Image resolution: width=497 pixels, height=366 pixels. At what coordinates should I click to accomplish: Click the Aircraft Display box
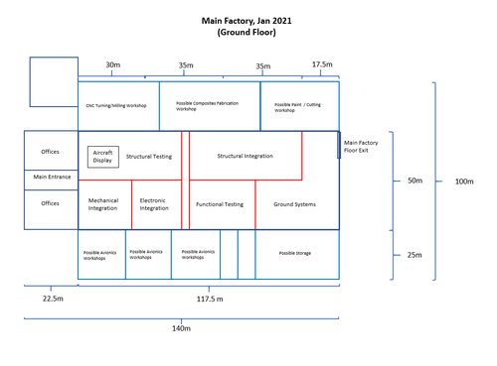pyautogui.click(x=103, y=157)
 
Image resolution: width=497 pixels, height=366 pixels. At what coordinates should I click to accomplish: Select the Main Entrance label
pyautogui.click(x=50, y=179)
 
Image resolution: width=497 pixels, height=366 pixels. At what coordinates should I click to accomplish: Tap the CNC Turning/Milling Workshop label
pyautogui.click(x=115, y=105)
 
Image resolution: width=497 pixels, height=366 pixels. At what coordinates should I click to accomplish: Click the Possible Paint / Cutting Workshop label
pyautogui.click(x=297, y=106)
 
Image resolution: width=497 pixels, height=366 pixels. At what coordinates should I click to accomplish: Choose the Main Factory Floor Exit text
pyautogui.click(x=362, y=147)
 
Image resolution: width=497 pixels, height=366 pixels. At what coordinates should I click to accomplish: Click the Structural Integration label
pyautogui.click(x=245, y=156)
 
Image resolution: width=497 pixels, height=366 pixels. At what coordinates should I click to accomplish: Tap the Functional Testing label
pyautogui.click(x=220, y=204)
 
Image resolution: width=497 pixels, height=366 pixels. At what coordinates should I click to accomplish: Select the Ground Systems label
pyautogui.click(x=294, y=204)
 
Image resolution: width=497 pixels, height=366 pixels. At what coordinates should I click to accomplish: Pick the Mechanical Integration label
pyautogui.click(x=102, y=204)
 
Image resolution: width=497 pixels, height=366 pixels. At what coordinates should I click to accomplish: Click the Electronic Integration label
pyautogui.click(x=154, y=204)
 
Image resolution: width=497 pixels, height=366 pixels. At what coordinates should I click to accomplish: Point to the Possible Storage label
pyautogui.click(x=294, y=254)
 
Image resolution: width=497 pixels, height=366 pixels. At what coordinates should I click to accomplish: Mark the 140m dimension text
pyautogui.click(x=181, y=328)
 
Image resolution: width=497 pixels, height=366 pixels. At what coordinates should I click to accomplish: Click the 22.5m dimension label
pyautogui.click(x=52, y=297)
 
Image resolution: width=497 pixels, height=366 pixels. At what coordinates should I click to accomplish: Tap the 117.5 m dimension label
pyautogui.click(x=209, y=297)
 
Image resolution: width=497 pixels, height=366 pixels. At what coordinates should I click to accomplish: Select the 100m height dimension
pyautogui.click(x=463, y=182)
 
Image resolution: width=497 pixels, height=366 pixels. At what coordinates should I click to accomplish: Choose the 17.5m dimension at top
pyautogui.click(x=322, y=64)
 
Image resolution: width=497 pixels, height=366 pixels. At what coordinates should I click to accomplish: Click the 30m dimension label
pyautogui.click(x=112, y=65)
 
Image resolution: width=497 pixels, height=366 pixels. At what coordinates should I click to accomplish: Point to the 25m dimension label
pyautogui.click(x=414, y=255)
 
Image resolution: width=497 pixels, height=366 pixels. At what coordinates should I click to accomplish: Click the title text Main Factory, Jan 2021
pyautogui.click(x=246, y=19)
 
